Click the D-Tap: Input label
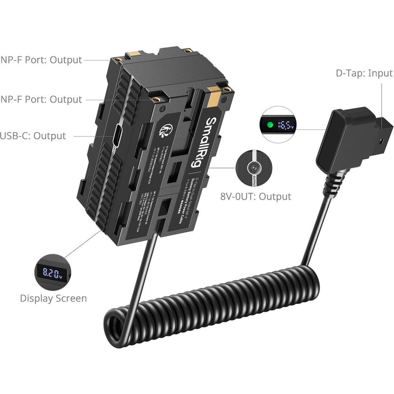coord(364,73)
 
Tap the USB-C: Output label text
coord(33,136)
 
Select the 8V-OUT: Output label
coord(256,197)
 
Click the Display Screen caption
coord(53,298)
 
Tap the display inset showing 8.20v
coord(52,272)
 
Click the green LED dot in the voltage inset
coord(269,125)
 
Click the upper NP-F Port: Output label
coord(41,60)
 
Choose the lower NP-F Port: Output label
coord(41,99)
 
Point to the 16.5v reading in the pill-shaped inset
coord(285,125)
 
